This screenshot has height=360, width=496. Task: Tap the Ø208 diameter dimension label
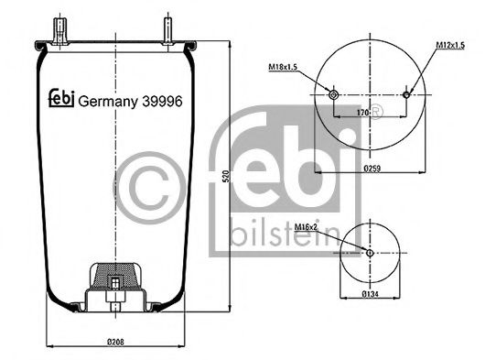pos(114,341)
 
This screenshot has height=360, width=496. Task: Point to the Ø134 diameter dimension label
pos(370,295)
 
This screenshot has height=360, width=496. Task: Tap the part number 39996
pos(162,102)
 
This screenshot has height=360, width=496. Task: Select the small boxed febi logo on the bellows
pos(59,101)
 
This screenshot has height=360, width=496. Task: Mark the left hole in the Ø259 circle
pos(333,94)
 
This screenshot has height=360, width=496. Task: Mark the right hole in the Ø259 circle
pos(407,93)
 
